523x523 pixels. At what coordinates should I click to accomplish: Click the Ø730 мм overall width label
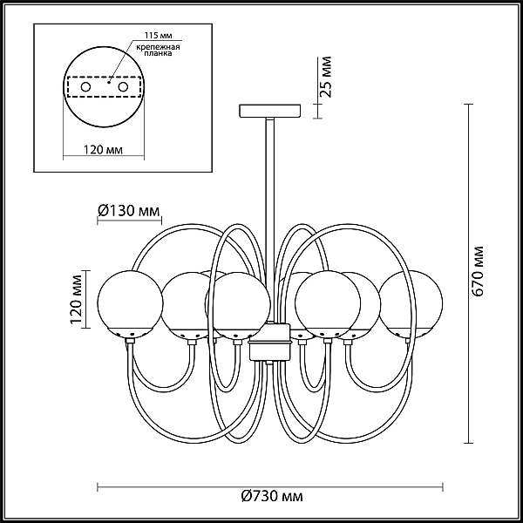click(x=272, y=497)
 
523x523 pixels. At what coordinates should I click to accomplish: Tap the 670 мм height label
click(x=478, y=271)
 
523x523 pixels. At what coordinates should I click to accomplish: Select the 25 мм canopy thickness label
click(x=326, y=77)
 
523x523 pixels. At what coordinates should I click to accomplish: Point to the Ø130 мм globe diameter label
click(x=129, y=210)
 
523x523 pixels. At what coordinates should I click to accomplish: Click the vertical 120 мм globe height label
click(x=76, y=299)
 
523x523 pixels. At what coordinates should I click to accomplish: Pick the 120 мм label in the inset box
click(x=103, y=150)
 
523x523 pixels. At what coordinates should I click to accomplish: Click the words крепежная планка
click(x=159, y=50)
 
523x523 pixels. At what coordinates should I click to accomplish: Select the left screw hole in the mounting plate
click(x=85, y=87)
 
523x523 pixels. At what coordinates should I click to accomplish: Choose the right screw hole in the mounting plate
click(x=123, y=87)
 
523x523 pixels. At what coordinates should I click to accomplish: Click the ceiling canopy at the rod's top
click(x=270, y=111)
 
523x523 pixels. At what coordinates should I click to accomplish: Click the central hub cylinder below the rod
click(x=270, y=342)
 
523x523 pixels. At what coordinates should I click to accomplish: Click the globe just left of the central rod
click(x=237, y=305)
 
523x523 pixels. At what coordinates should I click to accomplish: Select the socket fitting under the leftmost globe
click(x=130, y=341)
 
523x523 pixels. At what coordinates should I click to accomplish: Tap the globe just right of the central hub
click(x=328, y=304)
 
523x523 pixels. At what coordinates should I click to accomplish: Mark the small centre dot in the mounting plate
click(x=109, y=81)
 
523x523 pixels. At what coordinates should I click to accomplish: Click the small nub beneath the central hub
click(x=270, y=363)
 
